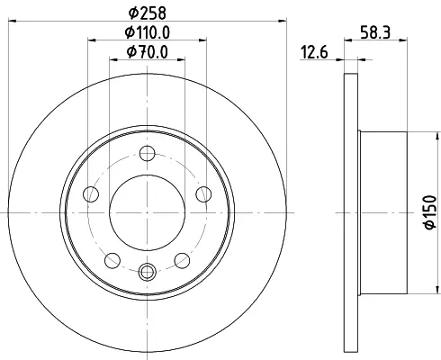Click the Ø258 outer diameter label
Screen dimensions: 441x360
(x=147, y=13)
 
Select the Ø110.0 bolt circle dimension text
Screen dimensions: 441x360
(x=147, y=32)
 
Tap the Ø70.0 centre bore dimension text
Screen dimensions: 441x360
(x=147, y=52)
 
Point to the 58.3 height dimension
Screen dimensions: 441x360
(x=375, y=32)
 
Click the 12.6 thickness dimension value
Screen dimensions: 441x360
(x=314, y=52)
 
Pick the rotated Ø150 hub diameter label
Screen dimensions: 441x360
(x=430, y=212)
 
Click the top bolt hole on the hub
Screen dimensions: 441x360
(x=148, y=153)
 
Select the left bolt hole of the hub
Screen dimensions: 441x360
(x=91, y=194)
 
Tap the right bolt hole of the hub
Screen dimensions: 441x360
(x=203, y=194)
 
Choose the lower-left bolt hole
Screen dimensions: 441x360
(x=112, y=260)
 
